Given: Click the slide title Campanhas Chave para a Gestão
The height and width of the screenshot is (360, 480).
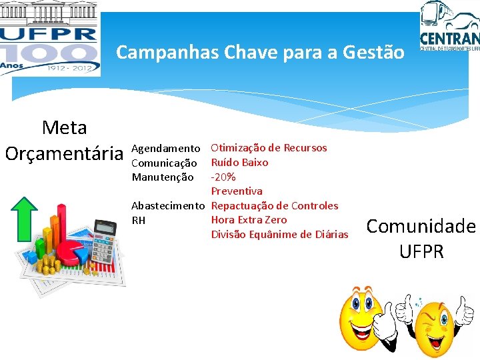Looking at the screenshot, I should [260, 51].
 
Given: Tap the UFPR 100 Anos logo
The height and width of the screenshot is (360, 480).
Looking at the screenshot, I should [50, 38].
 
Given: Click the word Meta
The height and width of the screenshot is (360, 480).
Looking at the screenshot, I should [64, 127].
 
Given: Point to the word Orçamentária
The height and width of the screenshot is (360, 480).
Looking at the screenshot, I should [65, 153].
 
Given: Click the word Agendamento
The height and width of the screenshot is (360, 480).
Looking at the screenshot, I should [166, 148].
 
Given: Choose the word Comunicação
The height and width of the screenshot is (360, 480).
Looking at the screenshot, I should [164, 163].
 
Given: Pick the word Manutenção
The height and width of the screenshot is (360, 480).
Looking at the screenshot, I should [163, 177].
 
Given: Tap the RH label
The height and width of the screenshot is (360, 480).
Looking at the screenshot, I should [139, 220].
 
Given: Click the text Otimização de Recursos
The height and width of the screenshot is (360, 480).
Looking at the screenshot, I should [269, 148].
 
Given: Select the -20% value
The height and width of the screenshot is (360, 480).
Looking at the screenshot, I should [223, 177].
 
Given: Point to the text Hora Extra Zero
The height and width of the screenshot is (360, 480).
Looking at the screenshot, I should [249, 220].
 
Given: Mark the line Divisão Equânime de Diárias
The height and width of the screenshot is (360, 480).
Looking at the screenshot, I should [279, 234].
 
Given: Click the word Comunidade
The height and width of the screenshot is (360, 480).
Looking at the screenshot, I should [421, 227].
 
